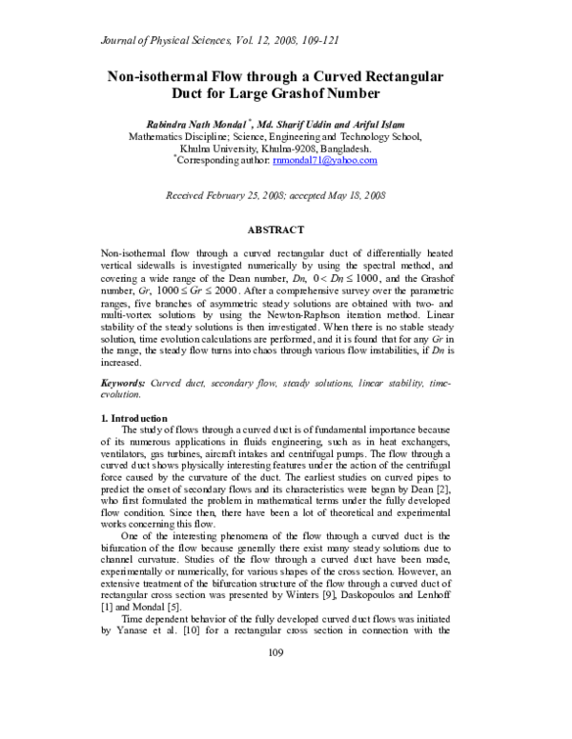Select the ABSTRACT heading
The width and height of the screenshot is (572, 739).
[x=276, y=230]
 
